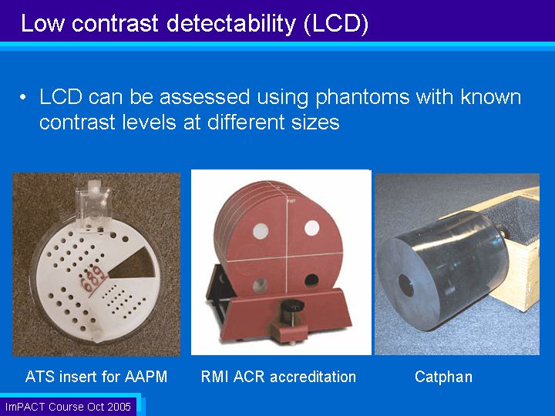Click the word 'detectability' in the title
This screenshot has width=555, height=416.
pos(230,24)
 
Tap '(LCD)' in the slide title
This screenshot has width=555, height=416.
pos(336,24)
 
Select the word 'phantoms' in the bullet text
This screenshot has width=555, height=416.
pos(362,97)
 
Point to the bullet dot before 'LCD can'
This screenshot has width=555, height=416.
pos(23,97)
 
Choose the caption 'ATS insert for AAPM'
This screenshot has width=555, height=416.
pos(96,377)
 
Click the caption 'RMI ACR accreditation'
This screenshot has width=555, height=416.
pos(278,377)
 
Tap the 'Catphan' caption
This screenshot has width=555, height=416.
pos(443,377)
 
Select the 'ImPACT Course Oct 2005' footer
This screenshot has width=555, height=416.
pos(68,407)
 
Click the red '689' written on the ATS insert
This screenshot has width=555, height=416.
pos(93,278)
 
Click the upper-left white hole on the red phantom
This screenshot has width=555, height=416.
pos(261,230)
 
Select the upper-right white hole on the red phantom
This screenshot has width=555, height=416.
pos(312,228)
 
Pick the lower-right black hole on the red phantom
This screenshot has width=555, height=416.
pos(311,280)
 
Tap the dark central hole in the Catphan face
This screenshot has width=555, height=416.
pos(406,285)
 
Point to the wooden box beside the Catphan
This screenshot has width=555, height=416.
pos(510,247)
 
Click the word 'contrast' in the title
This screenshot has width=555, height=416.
pos(115,24)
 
